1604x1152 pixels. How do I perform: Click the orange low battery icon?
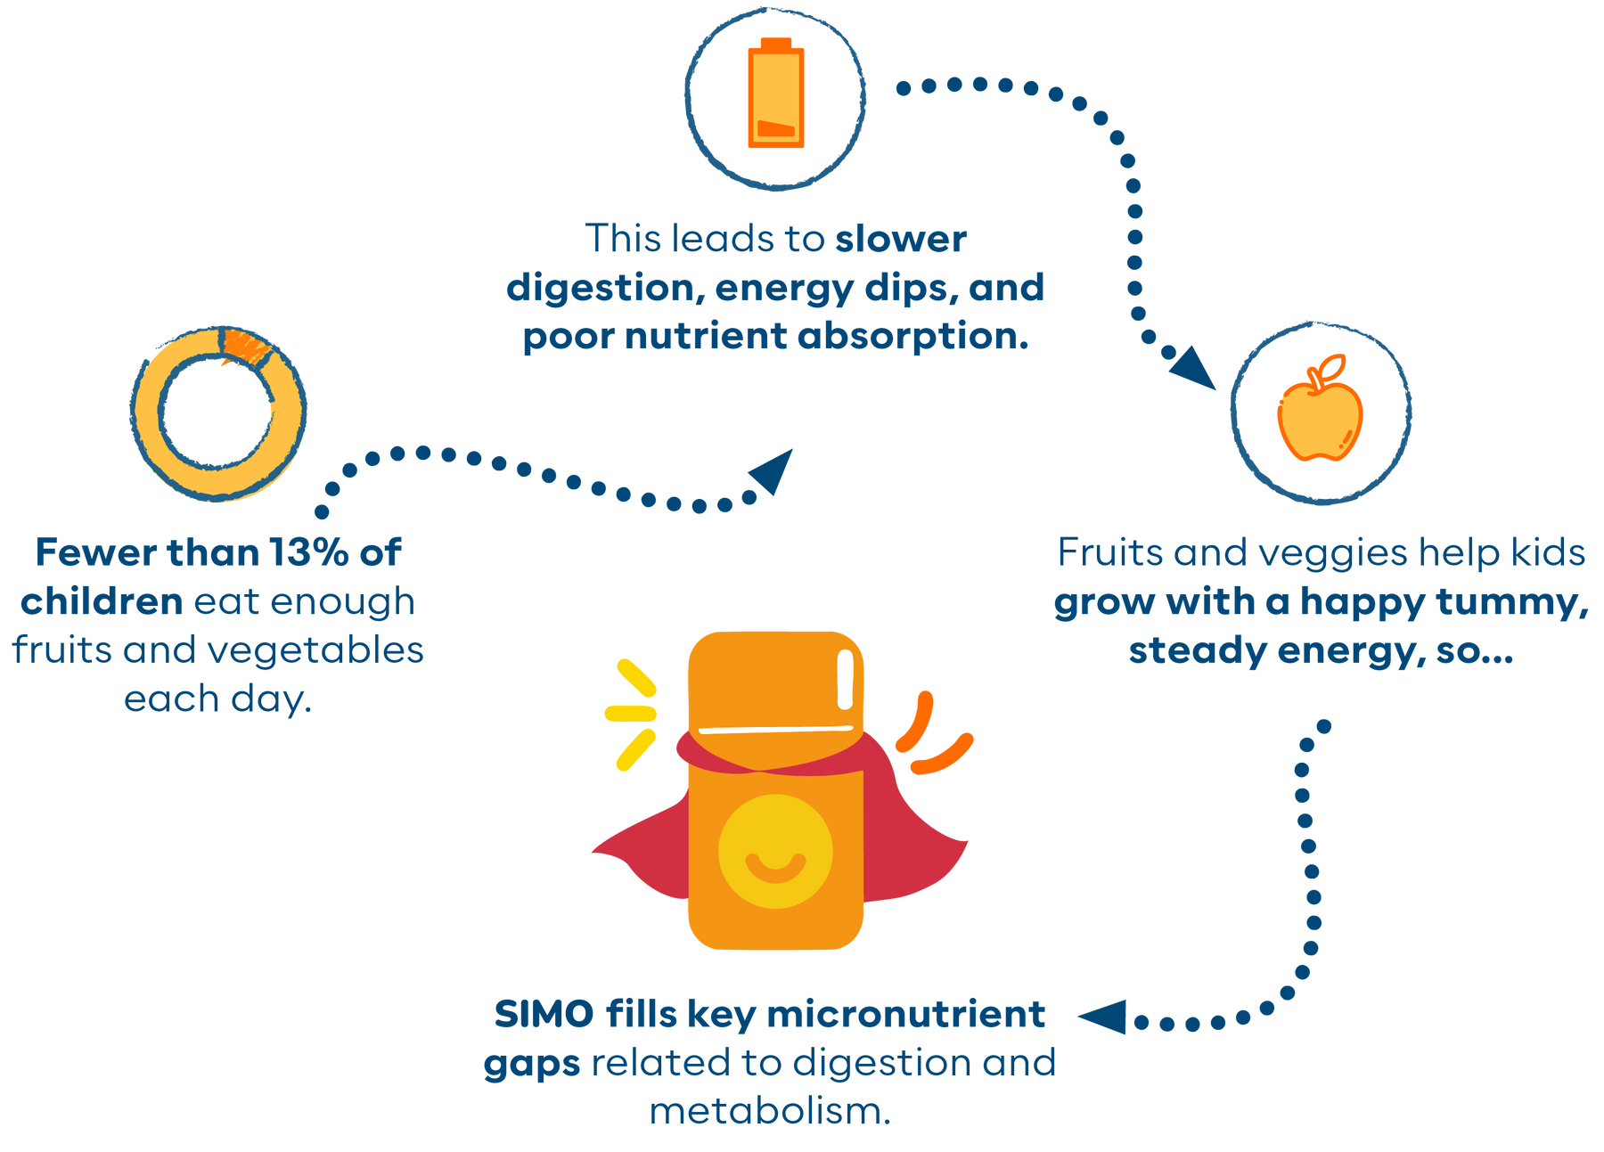pos(775,94)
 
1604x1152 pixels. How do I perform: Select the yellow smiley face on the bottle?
pos(775,852)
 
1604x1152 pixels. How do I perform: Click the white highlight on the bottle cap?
pos(846,680)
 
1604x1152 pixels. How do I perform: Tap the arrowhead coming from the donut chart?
pos(773,470)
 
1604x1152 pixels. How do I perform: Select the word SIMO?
pos(544,1014)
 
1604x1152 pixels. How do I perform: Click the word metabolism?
pos(770,1112)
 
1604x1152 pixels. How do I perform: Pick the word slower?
pos(900,239)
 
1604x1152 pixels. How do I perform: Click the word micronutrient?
pos(905,1014)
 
